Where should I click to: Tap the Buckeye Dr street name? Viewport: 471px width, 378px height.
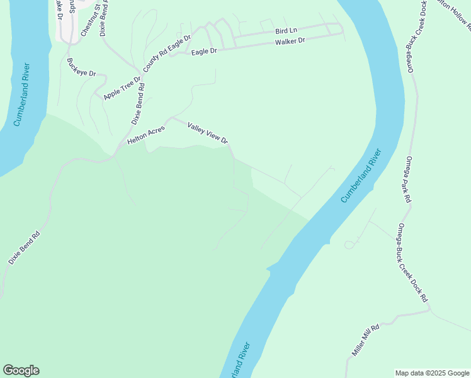click(81, 68)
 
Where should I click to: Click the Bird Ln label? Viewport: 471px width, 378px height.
click(286, 30)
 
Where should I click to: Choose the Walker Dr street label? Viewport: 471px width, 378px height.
click(290, 41)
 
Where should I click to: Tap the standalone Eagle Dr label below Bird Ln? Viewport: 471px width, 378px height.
click(204, 50)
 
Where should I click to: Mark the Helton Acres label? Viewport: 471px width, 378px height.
click(145, 134)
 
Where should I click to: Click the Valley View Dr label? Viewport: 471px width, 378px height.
click(207, 133)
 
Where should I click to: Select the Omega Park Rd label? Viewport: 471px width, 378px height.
click(408, 179)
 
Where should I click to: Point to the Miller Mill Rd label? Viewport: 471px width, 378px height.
click(366, 340)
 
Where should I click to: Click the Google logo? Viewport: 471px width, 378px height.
click(21, 370)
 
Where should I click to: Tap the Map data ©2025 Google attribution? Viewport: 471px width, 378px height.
click(433, 373)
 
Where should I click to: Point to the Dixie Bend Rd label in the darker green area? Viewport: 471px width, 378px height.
click(25, 247)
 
